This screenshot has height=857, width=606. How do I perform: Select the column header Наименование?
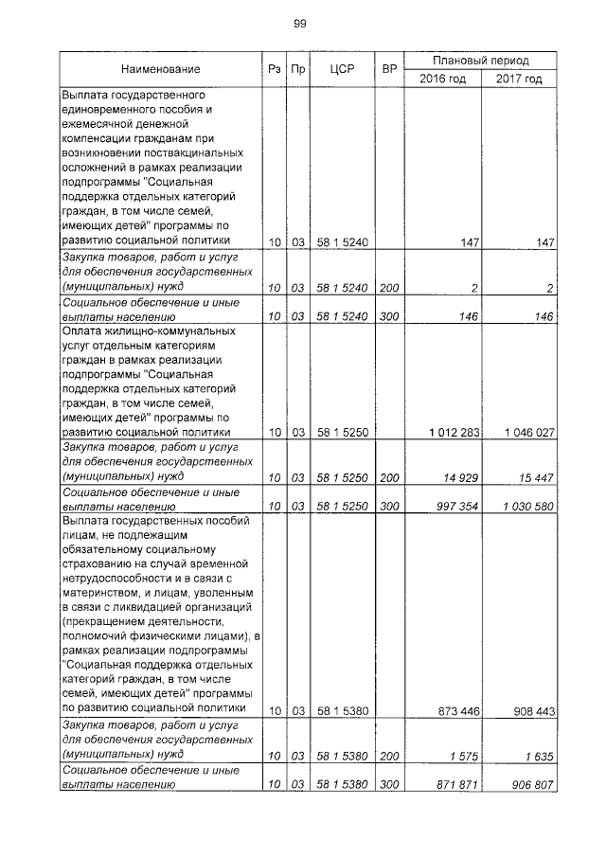[160, 69]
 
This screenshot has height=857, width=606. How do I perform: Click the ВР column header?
[388, 69]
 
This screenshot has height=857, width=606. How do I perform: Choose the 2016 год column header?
[443, 79]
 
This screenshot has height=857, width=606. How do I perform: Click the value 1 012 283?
[454, 433]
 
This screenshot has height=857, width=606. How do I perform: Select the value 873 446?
[458, 710]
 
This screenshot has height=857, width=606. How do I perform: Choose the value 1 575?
[465, 755]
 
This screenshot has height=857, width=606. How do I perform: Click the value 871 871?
[458, 785]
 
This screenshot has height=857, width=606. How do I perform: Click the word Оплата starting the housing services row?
[82, 331]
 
